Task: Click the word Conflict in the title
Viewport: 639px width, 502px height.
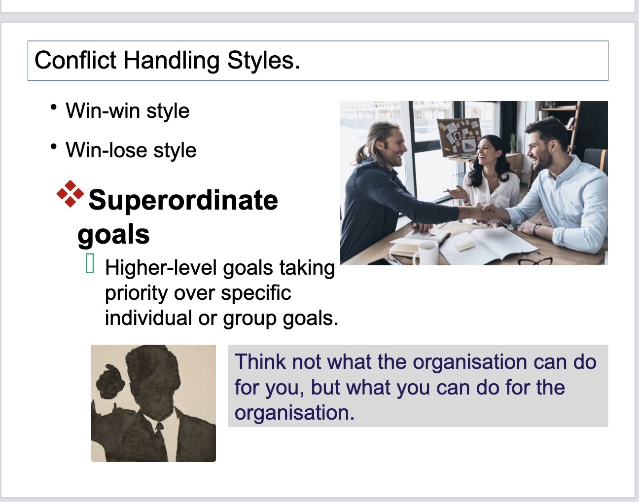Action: coord(75,60)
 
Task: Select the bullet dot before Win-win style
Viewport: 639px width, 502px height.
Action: coord(54,107)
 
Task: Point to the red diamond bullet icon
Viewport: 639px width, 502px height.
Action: coord(71,194)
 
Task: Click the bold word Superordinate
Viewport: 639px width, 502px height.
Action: coord(183,200)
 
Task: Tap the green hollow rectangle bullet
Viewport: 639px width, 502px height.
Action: coord(90,263)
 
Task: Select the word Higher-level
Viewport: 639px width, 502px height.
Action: coord(161,268)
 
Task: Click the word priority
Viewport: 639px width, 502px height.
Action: coord(137,294)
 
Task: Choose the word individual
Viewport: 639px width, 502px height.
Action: coord(148,318)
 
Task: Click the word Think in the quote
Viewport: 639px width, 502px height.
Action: coord(260,361)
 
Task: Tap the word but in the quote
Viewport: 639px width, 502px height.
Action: coord(325,387)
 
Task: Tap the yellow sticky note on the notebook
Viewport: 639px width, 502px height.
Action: coord(464,245)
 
